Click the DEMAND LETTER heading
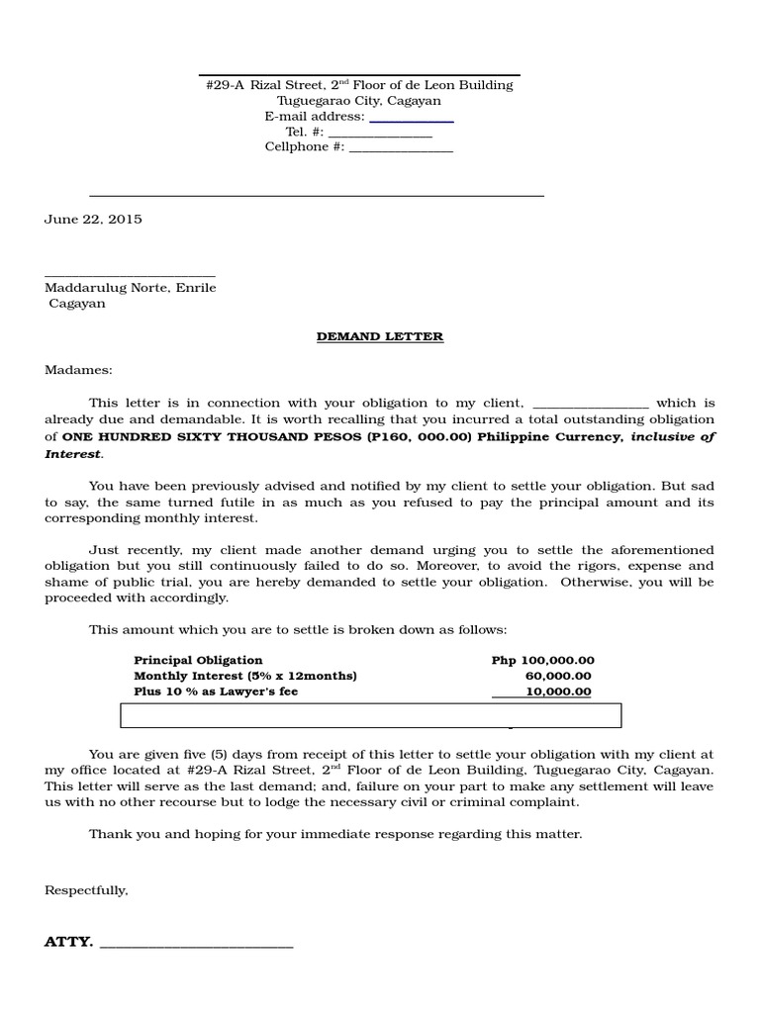point(380,336)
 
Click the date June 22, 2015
point(93,220)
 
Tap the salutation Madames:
point(79,370)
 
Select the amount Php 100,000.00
point(542,660)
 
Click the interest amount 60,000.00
point(559,676)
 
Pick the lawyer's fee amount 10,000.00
point(559,691)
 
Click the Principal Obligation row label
point(198,660)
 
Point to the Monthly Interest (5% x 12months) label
point(244,676)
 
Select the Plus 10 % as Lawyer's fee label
point(216,691)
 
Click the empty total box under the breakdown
point(371,715)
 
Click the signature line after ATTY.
point(197,946)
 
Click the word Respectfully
point(86,890)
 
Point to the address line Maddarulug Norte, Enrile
point(131,288)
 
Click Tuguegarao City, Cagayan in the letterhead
point(359,101)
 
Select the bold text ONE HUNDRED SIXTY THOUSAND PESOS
point(202,436)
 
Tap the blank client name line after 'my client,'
point(591,406)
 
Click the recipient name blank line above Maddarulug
point(130,274)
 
